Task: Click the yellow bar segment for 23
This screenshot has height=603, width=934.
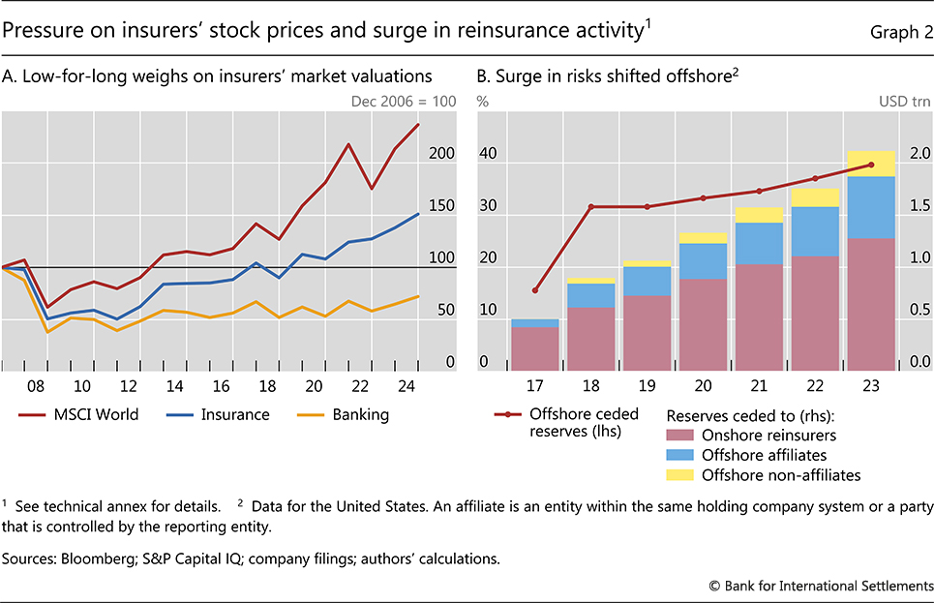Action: [872, 164]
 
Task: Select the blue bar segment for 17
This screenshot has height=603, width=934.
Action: [535, 323]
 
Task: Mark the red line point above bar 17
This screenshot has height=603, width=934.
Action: [535, 290]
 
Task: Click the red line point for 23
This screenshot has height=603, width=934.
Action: [872, 165]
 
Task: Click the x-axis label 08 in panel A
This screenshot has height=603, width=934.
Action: [36, 384]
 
